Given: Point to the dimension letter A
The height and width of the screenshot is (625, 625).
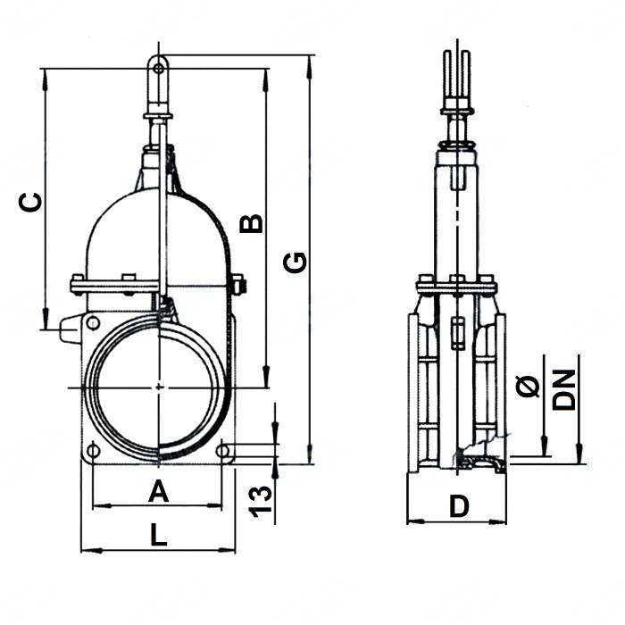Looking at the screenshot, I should point(157,489).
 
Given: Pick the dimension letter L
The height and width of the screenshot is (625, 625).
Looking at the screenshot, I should point(157,535).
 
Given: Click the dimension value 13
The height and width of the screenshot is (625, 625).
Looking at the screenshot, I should point(260,500).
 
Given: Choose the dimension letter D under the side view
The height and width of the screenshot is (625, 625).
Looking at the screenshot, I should point(458,506).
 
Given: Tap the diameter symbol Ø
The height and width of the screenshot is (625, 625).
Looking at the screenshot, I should point(528,386).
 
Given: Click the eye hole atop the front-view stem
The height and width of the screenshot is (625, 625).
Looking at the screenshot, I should point(158,68).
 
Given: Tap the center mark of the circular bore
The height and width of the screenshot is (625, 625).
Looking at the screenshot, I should point(158,387).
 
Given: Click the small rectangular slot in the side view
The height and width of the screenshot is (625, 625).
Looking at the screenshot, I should point(458,332).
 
